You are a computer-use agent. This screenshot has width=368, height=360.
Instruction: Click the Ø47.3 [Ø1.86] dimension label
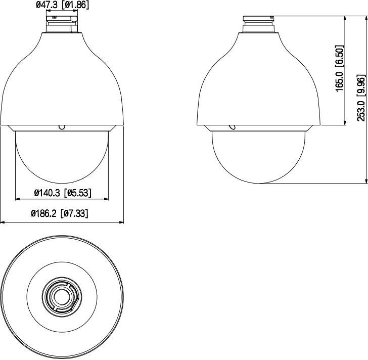(x=63, y=5)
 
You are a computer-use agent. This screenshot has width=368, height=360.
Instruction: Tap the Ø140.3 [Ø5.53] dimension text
(x=63, y=193)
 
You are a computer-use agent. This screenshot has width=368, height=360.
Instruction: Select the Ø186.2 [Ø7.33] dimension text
(x=60, y=213)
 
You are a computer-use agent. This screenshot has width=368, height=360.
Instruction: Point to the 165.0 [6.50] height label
(x=339, y=68)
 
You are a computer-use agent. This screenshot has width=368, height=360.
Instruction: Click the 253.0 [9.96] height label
(x=361, y=98)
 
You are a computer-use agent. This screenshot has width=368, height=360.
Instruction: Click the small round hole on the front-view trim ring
(x=62, y=127)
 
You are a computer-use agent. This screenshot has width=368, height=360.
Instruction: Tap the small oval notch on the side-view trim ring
(x=233, y=127)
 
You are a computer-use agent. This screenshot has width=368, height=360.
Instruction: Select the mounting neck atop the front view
(x=62, y=24)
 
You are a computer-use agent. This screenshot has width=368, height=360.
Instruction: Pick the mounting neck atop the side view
(x=258, y=24)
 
